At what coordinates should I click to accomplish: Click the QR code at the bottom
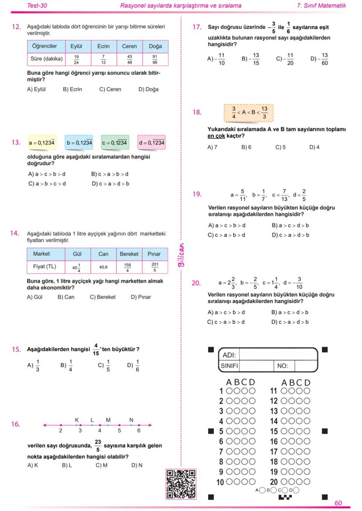click(181, 484)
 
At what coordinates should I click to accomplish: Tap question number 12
click(16, 27)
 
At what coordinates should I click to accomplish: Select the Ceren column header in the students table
click(129, 46)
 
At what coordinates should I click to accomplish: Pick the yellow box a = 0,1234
click(42, 143)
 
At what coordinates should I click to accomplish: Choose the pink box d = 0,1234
click(152, 143)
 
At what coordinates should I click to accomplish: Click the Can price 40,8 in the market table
click(103, 266)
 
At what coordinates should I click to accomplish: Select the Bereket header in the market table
click(129, 254)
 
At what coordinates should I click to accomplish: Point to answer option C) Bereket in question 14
click(103, 297)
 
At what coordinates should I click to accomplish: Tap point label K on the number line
click(77, 420)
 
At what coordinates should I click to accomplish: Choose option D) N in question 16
click(137, 465)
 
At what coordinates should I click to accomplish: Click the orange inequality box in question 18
click(248, 113)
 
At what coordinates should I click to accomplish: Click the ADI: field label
click(230, 355)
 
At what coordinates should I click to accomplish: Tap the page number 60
click(338, 503)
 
